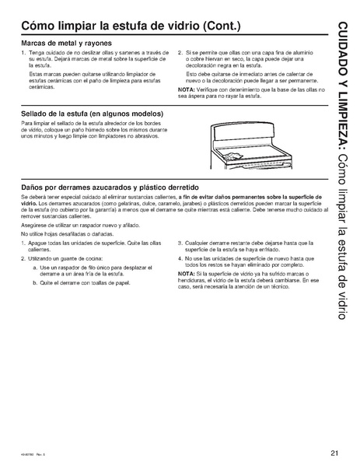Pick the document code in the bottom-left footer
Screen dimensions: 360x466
coord(31,454)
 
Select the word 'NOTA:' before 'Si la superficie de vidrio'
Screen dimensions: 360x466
coord(186,274)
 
